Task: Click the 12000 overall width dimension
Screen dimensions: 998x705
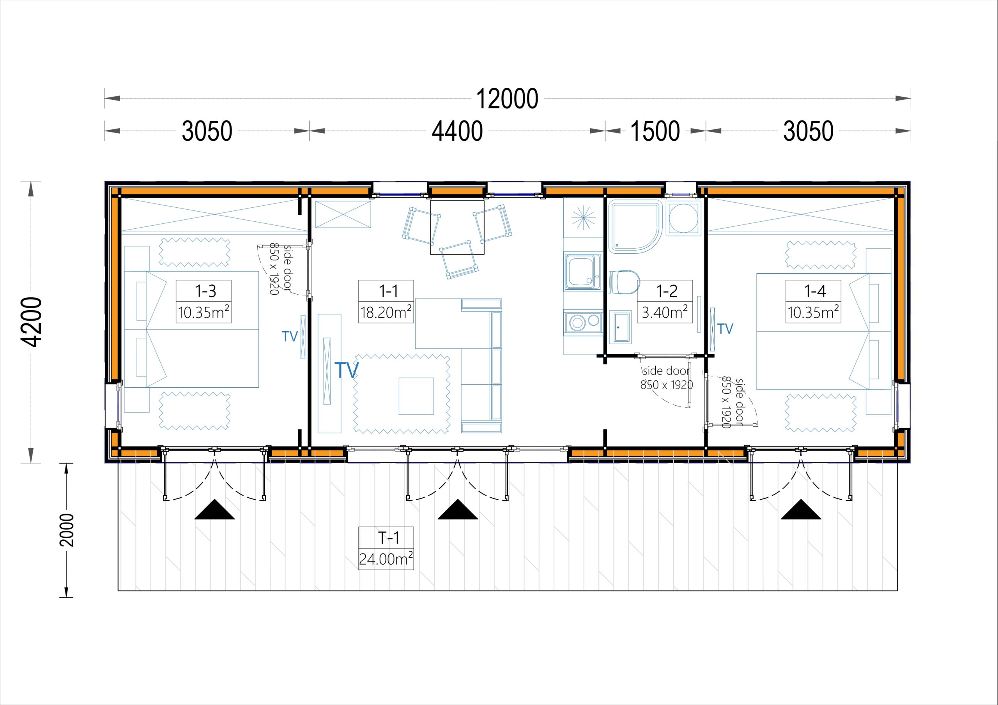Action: point(507,99)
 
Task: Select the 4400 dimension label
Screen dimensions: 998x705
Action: point(457,131)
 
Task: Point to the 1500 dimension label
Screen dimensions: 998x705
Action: point(655,131)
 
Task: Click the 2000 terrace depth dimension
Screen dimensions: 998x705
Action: point(67,530)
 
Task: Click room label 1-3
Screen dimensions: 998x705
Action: point(205,291)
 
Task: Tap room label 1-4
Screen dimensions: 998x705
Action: point(814,291)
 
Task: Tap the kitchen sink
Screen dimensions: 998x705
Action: point(582,272)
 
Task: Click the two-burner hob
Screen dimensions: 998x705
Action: point(583,322)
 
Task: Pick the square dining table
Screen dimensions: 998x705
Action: point(457,227)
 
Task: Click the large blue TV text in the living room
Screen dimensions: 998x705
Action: point(347,370)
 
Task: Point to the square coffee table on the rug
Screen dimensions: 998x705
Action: point(416,396)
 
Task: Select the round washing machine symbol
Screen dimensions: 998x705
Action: point(683,218)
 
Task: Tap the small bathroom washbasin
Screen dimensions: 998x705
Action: point(620,327)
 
